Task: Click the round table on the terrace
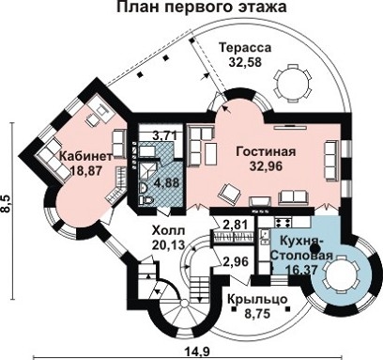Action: coord(285,85)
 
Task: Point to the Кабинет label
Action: coord(85,156)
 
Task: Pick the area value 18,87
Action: coord(85,171)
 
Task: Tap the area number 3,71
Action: coord(164,136)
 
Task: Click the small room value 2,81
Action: coord(237,224)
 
